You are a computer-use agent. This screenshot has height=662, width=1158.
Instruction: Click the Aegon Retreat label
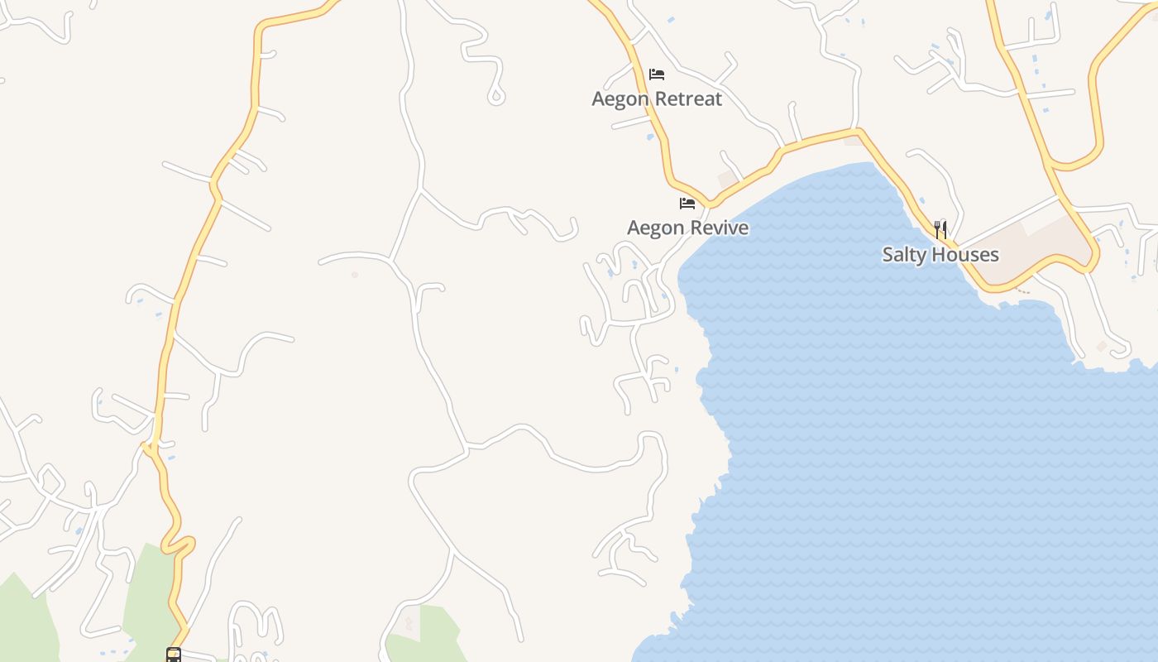click(657, 99)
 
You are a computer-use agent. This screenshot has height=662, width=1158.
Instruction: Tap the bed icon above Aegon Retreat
click(657, 74)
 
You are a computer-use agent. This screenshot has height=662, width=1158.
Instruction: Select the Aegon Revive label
click(687, 228)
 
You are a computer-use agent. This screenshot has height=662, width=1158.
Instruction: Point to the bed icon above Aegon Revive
click(687, 204)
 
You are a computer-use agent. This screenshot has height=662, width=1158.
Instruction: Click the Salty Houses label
click(940, 255)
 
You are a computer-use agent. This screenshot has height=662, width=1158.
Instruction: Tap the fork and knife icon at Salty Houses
click(940, 229)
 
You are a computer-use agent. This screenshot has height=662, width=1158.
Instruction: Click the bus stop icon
click(174, 655)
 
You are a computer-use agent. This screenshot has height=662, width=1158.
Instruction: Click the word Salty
click(903, 255)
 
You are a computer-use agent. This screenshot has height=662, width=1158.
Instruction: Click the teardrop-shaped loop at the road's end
click(496, 97)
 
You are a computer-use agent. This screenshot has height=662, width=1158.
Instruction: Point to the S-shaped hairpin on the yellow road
click(178, 542)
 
